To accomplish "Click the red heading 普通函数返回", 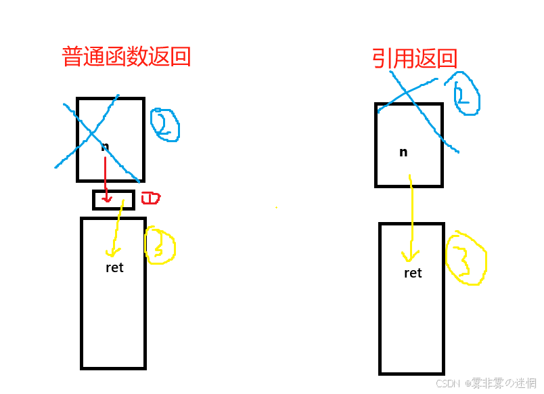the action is point(126,56).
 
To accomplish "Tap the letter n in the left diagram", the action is point(105,146).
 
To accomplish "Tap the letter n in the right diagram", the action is point(403,152).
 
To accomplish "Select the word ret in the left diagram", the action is point(114,267).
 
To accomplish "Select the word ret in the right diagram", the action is point(413,273).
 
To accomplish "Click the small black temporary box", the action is point(113,200).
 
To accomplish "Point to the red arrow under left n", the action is point(106,179).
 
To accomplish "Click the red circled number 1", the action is point(150,198).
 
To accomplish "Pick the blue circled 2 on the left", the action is point(164,125).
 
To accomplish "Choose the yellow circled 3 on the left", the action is point(160,245).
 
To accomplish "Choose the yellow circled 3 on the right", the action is point(466,258).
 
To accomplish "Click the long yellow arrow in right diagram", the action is point(410,217).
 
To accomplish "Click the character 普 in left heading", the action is point(73,56).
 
